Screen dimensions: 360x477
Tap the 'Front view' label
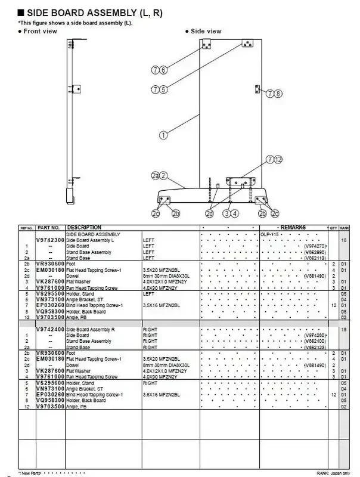40,31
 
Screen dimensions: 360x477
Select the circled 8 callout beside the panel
278,94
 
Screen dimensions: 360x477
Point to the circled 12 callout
278,159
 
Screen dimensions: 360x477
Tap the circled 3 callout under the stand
227,213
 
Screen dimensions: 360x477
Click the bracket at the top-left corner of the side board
206,45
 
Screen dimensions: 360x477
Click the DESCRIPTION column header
84,228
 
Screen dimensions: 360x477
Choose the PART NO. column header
48,228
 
